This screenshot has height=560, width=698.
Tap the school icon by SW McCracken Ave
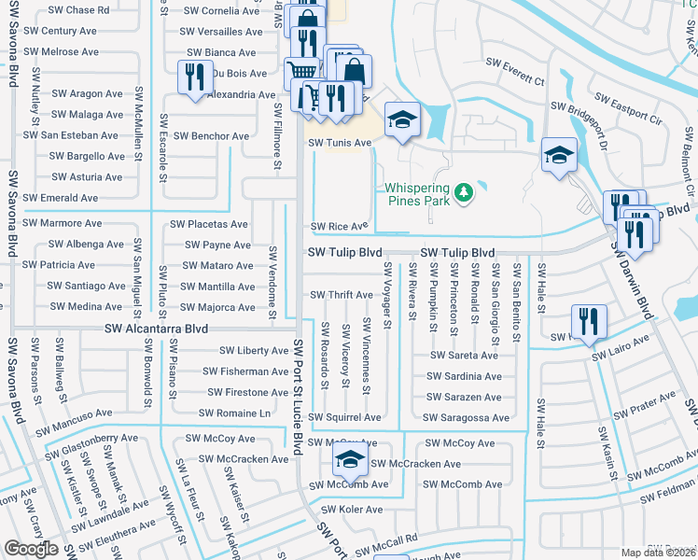pyautogui.click(x=350, y=459)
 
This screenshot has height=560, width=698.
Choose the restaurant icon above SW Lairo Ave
pyautogui.click(x=589, y=320)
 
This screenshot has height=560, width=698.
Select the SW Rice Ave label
pyautogui.click(x=339, y=226)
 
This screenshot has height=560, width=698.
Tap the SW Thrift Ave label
pyautogui.click(x=341, y=295)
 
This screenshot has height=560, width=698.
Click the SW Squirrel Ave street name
pyautogui.click(x=345, y=417)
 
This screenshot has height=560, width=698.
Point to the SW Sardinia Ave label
pyautogui.click(x=464, y=376)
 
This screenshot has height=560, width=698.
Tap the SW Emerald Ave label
pyautogui.click(x=61, y=198)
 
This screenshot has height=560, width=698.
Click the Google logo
pyautogui.click(x=31, y=549)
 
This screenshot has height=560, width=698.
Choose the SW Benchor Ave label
pyautogui.click(x=212, y=136)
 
